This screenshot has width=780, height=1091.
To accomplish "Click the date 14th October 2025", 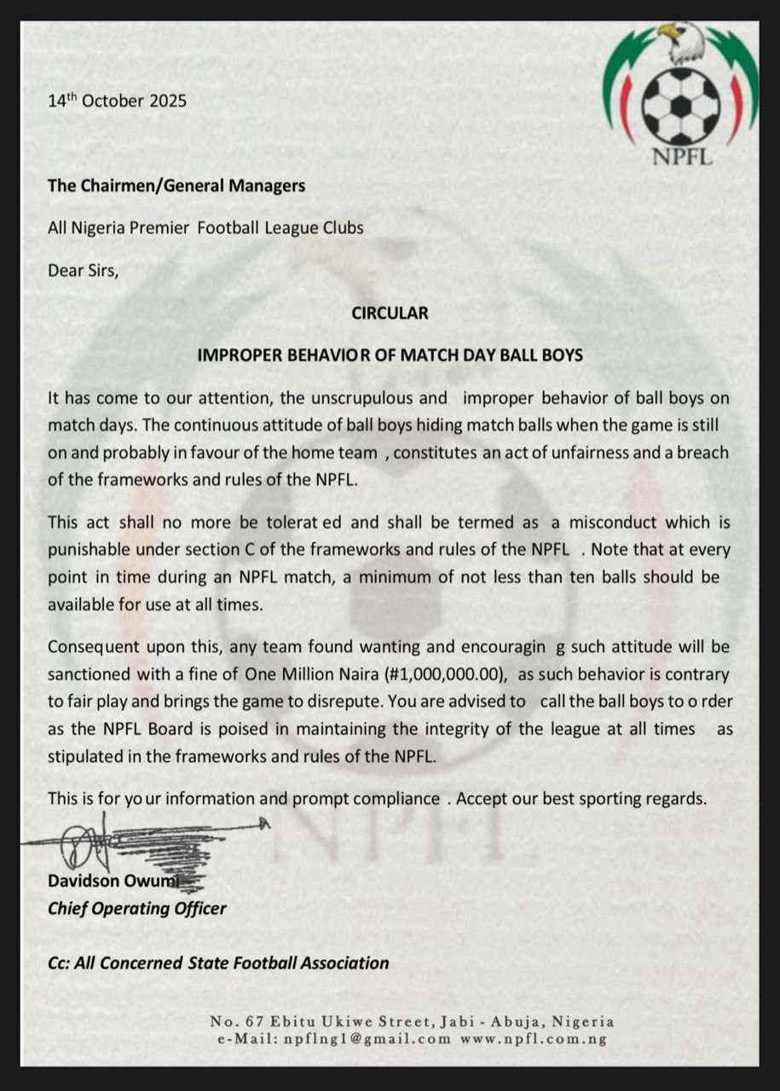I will click(x=117, y=101).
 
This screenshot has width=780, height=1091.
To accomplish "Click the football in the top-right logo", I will click(x=680, y=106).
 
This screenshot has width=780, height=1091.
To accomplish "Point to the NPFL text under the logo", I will click(x=681, y=157).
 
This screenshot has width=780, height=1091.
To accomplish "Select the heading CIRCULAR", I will click(x=390, y=313).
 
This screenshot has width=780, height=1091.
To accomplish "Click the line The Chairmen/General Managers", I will click(x=176, y=185).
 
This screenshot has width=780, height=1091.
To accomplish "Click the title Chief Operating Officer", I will click(x=137, y=908).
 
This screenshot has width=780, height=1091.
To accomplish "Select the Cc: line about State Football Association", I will click(x=218, y=963).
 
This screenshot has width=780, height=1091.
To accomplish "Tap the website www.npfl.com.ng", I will click(x=533, y=1039).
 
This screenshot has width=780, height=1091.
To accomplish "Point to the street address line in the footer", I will click(x=412, y=1021).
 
